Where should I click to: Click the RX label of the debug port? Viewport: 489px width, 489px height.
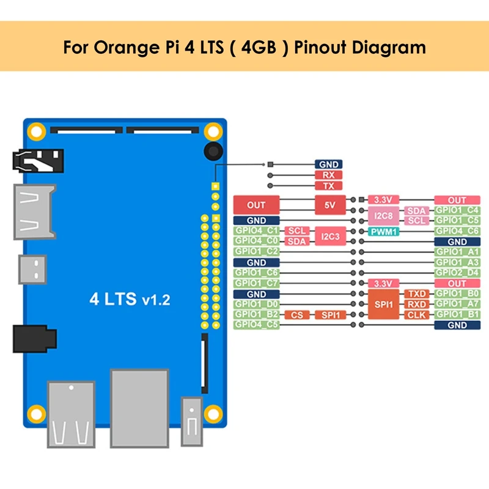pos(328,175)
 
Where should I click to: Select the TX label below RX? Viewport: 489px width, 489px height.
pos(328,185)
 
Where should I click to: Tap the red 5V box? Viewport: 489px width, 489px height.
pos(330,205)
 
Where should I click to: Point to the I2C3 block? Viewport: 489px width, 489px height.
pos(330,236)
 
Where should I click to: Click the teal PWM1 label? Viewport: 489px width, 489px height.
pos(383,232)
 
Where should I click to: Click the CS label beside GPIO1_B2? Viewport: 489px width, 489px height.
pos(296,315)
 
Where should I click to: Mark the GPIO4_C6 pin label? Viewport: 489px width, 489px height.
pos(457,232)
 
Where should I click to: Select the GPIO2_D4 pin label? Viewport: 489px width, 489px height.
pos(457,273)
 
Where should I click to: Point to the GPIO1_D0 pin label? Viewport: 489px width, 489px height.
pos(256,304)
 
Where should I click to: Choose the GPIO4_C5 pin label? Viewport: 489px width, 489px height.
pos(256,325)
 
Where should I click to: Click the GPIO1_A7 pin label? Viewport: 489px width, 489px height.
pos(457,304)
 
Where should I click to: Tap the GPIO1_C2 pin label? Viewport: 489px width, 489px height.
pos(256,252)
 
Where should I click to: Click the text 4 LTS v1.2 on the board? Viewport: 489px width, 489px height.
pos(130,300)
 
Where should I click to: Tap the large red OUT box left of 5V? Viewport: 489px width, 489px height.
pos(256,205)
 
